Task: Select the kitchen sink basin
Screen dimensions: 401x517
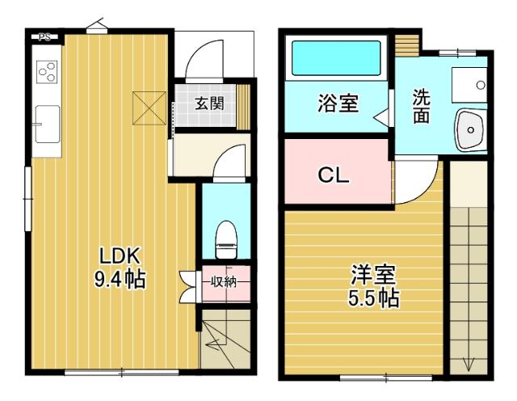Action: pyautogui.click(x=47, y=124)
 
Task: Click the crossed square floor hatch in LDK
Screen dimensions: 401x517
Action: pyautogui.click(x=149, y=108)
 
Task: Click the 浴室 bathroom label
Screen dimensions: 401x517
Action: pyautogui.click(x=338, y=103)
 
